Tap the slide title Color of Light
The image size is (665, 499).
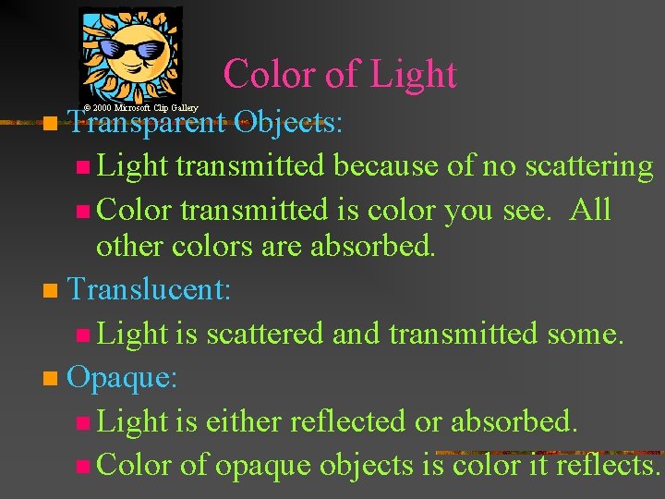pos(339,74)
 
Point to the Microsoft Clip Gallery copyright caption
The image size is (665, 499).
pos(140,108)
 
